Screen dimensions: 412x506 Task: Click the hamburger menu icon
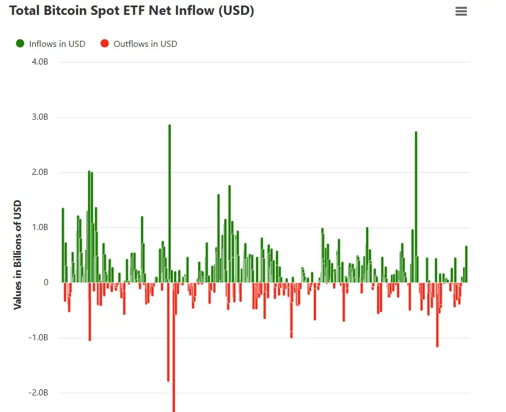(461, 11)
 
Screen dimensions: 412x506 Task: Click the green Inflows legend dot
(20, 44)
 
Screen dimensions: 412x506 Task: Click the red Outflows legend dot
(105, 44)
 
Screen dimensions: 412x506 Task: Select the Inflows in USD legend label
(57, 44)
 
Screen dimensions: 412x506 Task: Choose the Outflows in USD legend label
(145, 44)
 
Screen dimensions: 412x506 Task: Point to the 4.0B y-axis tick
(40, 62)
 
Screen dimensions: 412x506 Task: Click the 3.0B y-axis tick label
(40, 117)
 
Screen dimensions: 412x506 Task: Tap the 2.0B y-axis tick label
(40, 172)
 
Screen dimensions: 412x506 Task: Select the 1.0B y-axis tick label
(40, 227)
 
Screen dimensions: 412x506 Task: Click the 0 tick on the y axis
(46, 282)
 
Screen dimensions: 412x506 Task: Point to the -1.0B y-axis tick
(39, 338)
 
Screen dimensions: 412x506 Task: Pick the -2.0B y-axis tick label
(39, 393)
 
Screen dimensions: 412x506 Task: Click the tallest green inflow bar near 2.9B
(170, 204)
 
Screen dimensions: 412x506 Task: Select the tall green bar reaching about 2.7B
(416, 207)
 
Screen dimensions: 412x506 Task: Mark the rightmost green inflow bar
(466, 264)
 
